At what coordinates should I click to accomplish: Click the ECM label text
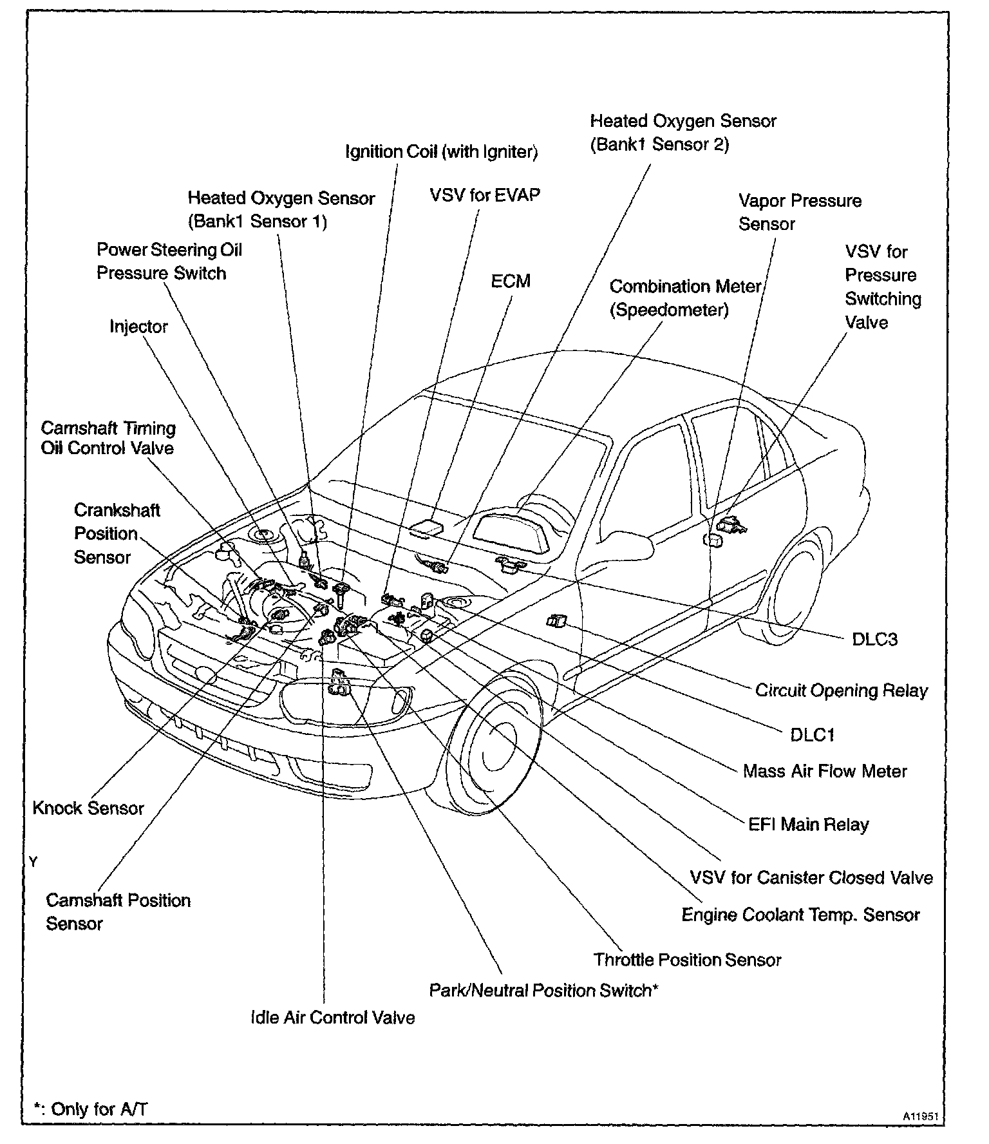(511, 281)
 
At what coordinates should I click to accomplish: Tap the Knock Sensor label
(88, 808)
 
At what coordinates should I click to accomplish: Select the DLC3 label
(874, 640)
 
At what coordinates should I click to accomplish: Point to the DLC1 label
(812, 735)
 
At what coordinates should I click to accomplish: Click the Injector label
(138, 327)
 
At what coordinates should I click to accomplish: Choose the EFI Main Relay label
(808, 825)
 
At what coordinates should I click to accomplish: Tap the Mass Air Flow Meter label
(825, 772)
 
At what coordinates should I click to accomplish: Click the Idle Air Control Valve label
(333, 1018)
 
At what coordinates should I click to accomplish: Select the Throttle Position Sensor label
(687, 960)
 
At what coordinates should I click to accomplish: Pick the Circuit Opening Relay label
(842, 691)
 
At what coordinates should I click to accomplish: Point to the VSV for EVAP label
(485, 195)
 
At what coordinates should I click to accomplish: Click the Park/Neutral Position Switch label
(543, 991)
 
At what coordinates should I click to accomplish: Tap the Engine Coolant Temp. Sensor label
(800, 915)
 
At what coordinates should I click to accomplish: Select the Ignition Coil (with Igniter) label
(442, 152)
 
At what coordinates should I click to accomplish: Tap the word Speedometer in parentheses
(669, 310)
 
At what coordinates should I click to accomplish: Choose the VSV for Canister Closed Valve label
(811, 878)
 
